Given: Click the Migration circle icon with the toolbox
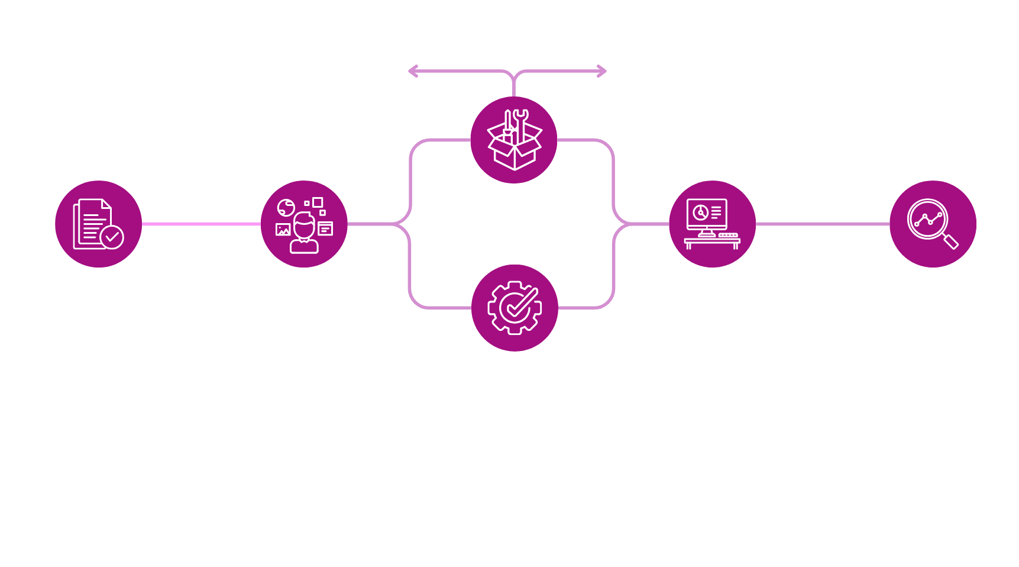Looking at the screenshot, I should click(x=513, y=140).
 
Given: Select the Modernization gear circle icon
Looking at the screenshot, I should click(x=515, y=308).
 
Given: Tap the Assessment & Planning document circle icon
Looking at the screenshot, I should click(x=98, y=224).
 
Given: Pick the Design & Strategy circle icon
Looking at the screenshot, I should click(x=304, y=224).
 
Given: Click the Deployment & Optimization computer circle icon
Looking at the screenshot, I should click(x=712, y=224).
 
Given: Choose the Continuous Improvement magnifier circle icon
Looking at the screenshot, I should click(x=933, y=224).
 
